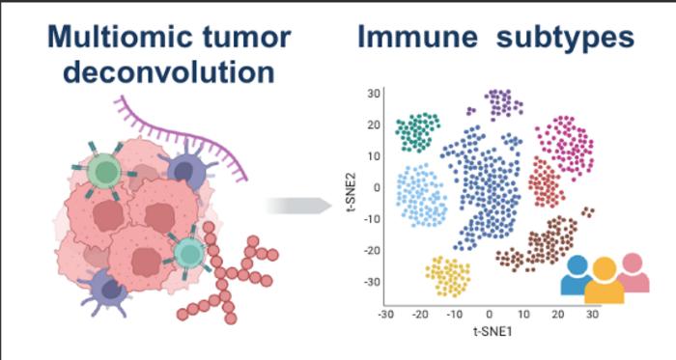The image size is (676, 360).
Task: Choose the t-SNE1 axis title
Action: pyautogui.click(x=491, y=332)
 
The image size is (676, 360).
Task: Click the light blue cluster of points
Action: pyautogui.click(x=422, y=196)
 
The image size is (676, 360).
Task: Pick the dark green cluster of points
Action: pyautogui.click(x=418, y=132)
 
